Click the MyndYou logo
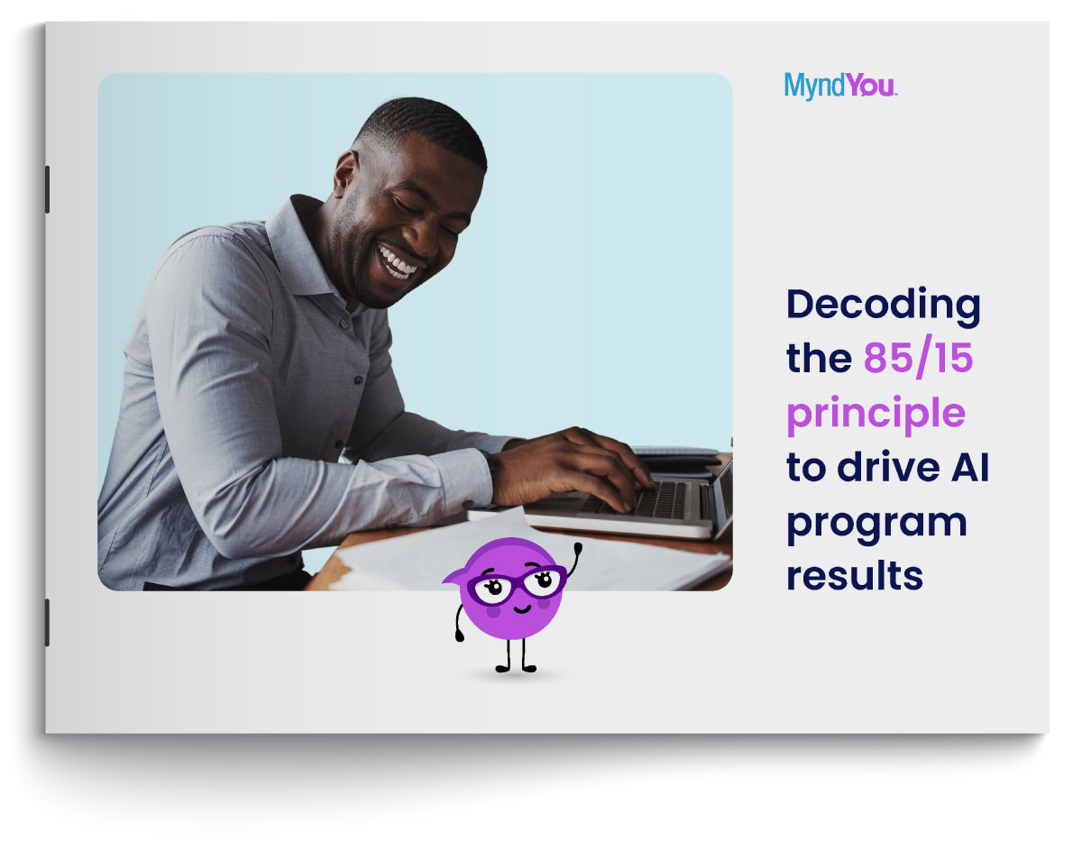(840, 86)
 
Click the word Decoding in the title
(884, 306)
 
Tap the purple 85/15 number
(918, 356)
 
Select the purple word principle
(876, 414)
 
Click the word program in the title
(876, 525)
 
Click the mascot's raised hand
(578, 547)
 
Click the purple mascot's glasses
(517, 585)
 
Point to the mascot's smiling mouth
(522, 609)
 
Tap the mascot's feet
(516, 669)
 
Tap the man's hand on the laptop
(573, 468)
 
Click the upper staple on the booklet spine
(47, 189)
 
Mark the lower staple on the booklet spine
(47, 622)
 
